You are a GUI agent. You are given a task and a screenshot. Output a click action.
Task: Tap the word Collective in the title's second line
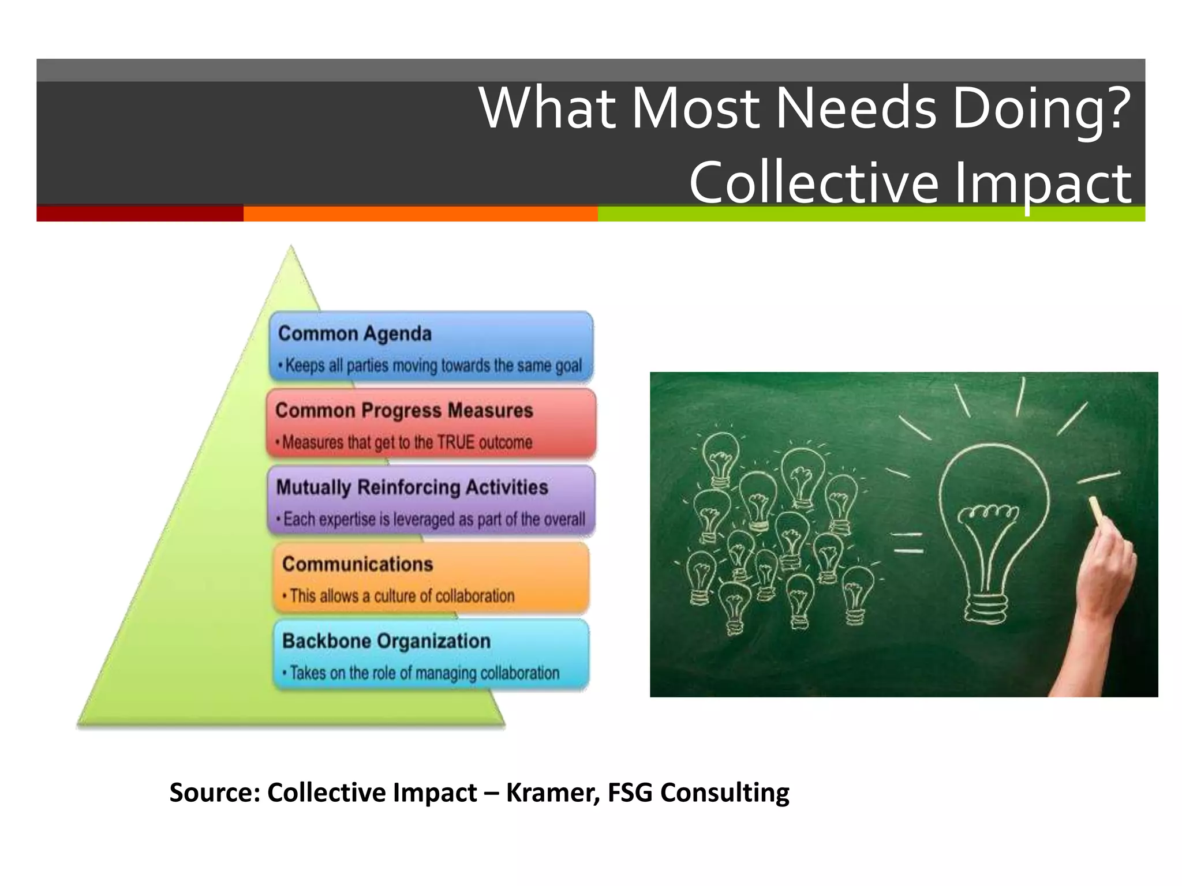click(x=814, y=183)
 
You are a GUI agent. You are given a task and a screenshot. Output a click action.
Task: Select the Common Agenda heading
click(x=354, y=334)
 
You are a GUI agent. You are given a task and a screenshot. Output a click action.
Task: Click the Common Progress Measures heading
click(x=404, y=411)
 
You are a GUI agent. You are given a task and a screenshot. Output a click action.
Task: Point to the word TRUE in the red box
click(x=455, y=442)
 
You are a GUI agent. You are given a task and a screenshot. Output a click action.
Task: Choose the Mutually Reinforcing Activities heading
click(x=412, y=487)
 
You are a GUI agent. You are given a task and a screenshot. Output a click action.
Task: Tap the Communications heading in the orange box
click(x=357, y=564)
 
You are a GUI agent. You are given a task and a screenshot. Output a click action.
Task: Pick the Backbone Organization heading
click(x=386, y=641)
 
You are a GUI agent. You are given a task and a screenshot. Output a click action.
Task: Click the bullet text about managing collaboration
click(x=424, y=673)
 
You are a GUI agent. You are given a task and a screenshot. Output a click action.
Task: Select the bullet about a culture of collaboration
click(x=402, y=596)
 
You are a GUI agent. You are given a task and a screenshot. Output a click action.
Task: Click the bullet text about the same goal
click(x=433, y=366)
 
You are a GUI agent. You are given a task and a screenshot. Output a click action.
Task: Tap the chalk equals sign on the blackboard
click(x=908, y=543)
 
